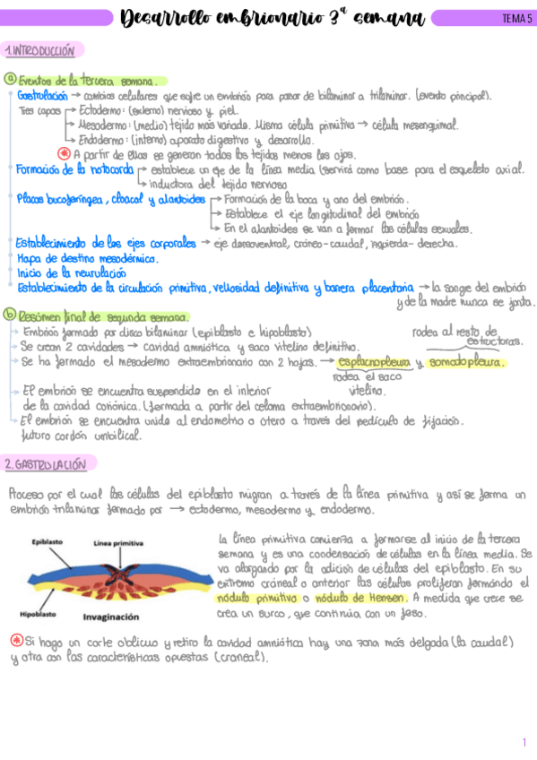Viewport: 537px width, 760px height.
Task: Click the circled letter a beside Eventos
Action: (9, 80)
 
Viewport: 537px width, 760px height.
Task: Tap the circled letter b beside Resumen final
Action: (9, 315)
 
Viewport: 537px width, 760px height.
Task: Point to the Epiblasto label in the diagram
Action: (47, 542)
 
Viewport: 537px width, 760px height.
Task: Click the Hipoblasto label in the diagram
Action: (38, 615)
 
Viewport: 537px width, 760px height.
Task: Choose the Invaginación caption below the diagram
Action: (111, 617)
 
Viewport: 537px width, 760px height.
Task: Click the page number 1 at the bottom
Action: (524, 742)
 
